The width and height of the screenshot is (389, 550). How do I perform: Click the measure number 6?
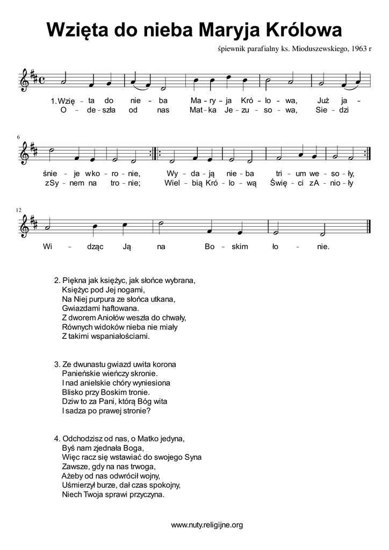click(19, 138)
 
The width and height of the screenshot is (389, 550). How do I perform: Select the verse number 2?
click(57, 280)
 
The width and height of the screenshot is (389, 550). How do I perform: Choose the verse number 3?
click(57, 364)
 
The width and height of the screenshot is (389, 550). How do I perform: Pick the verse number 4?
click(57, 438)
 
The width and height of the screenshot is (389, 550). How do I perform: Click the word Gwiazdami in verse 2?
click(81, 308)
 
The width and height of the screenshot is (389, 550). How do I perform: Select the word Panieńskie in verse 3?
click(81, 373)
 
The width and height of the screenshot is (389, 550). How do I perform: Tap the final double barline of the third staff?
click(366, 227)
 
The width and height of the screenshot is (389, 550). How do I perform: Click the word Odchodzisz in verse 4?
click(84, 438)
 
